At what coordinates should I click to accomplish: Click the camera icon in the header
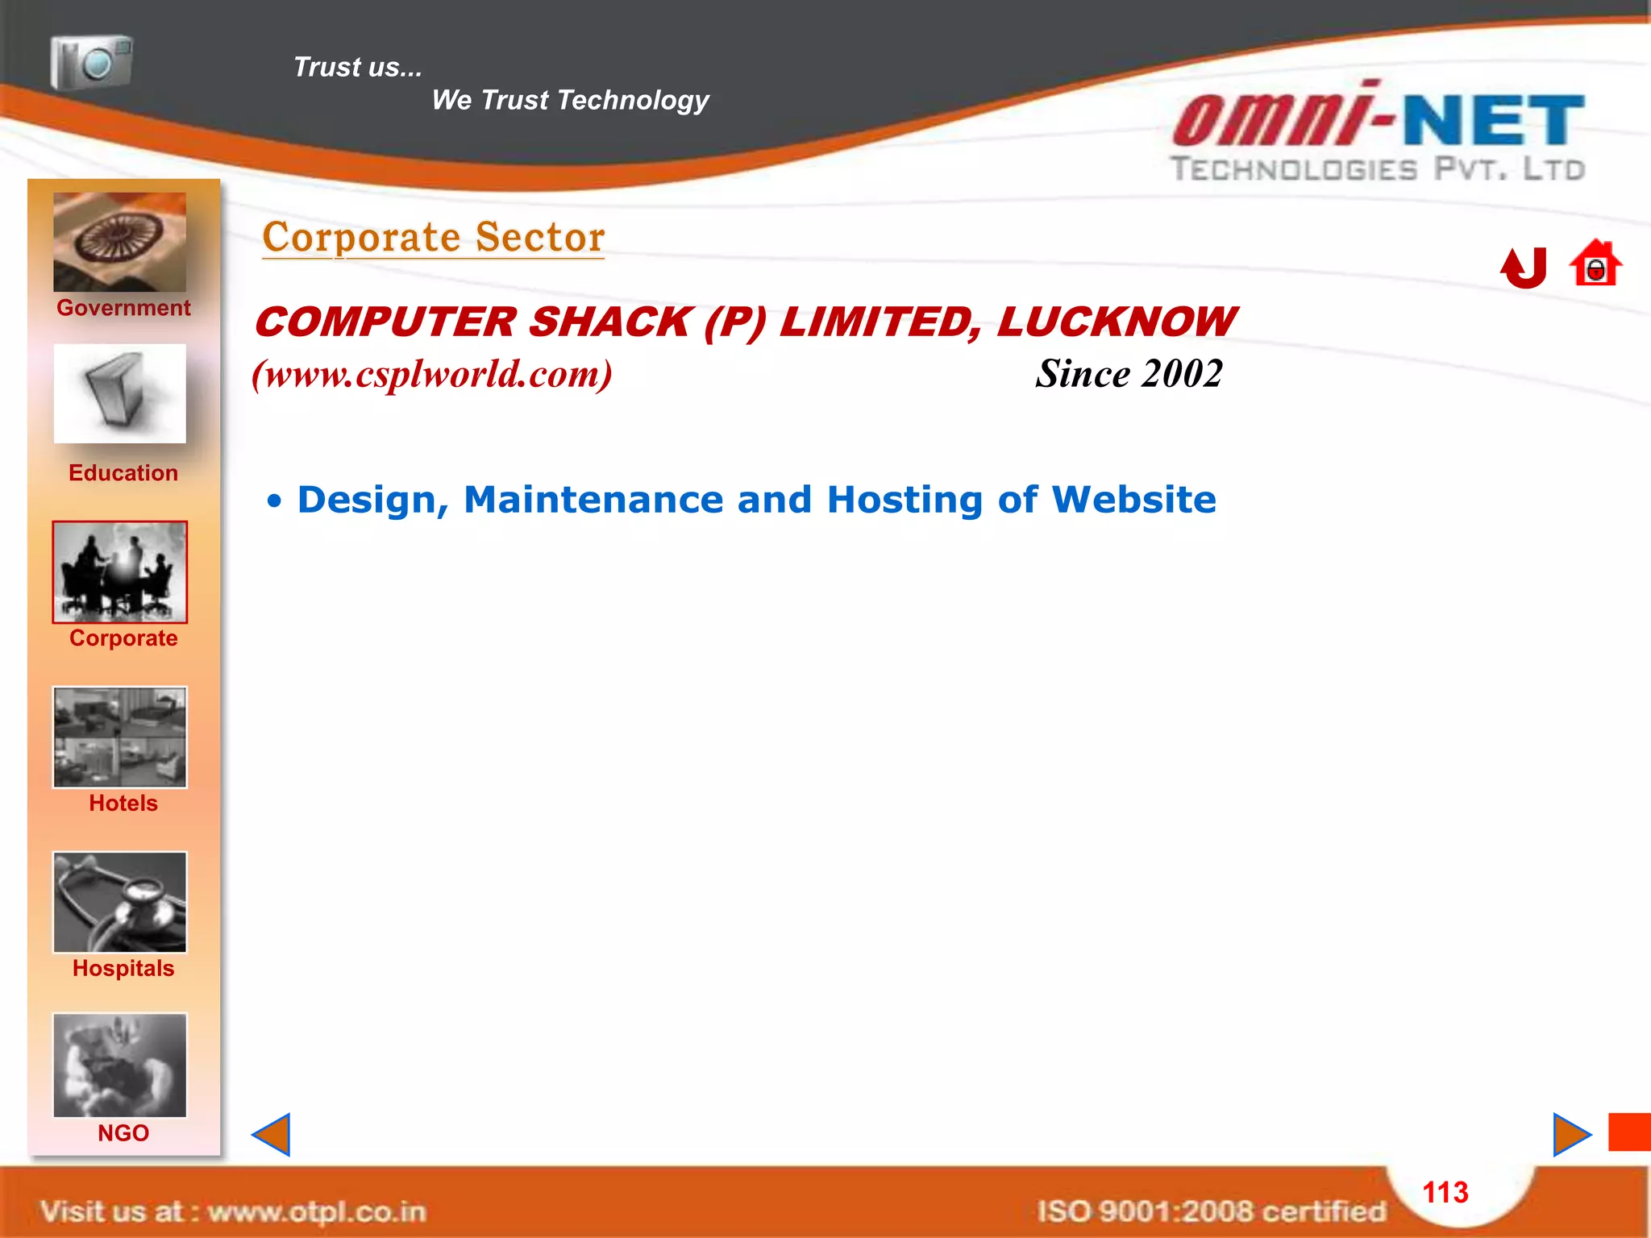coord(91,62)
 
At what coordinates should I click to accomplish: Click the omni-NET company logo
coord(1378,132)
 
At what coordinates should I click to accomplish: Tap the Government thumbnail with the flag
coord(119,242)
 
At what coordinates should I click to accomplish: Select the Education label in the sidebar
coord(123,473)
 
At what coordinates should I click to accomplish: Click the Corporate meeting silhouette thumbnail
coord(119,571)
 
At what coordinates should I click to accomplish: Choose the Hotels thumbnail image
coord(119,737)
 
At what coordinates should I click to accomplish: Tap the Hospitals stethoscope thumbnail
coord(119,902)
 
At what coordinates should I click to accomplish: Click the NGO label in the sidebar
coord(123,1133)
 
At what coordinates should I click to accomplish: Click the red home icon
coord(1595,264)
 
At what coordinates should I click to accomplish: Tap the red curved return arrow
coord(1524,268)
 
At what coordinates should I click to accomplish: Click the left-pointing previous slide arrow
coord(272,1135)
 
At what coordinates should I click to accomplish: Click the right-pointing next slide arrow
coord(1570,1135)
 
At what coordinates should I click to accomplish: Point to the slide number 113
coord(1445,1192)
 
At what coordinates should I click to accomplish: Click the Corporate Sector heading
coord(434,238)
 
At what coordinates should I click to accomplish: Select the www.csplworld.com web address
coord(432,374)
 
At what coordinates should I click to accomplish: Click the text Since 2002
coord(1129,374)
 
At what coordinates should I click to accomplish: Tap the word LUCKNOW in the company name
coord(1115,322)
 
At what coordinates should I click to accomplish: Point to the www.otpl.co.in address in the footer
coord(317,1211)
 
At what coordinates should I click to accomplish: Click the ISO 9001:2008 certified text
coord(1211,1211)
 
